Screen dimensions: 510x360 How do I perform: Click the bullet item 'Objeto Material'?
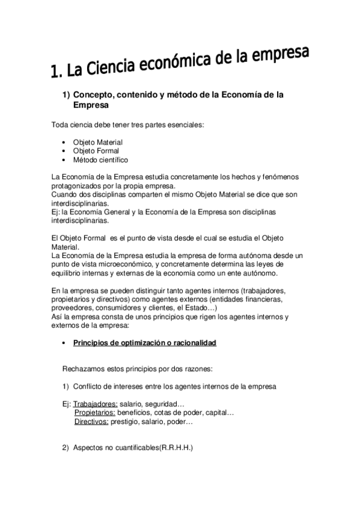[x=98, y=142]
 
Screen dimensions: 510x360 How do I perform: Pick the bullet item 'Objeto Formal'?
[x=96, y=151]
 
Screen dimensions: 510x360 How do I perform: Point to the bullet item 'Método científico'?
[x=100, y=160]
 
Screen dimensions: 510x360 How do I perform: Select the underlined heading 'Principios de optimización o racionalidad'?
[x=144, y=343]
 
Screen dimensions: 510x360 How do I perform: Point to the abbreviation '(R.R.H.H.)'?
[x=175, y=448]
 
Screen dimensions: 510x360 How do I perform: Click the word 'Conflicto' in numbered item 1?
[x=88, y=386]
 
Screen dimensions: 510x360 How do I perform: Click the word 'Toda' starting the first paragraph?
[x=60, y=125]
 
